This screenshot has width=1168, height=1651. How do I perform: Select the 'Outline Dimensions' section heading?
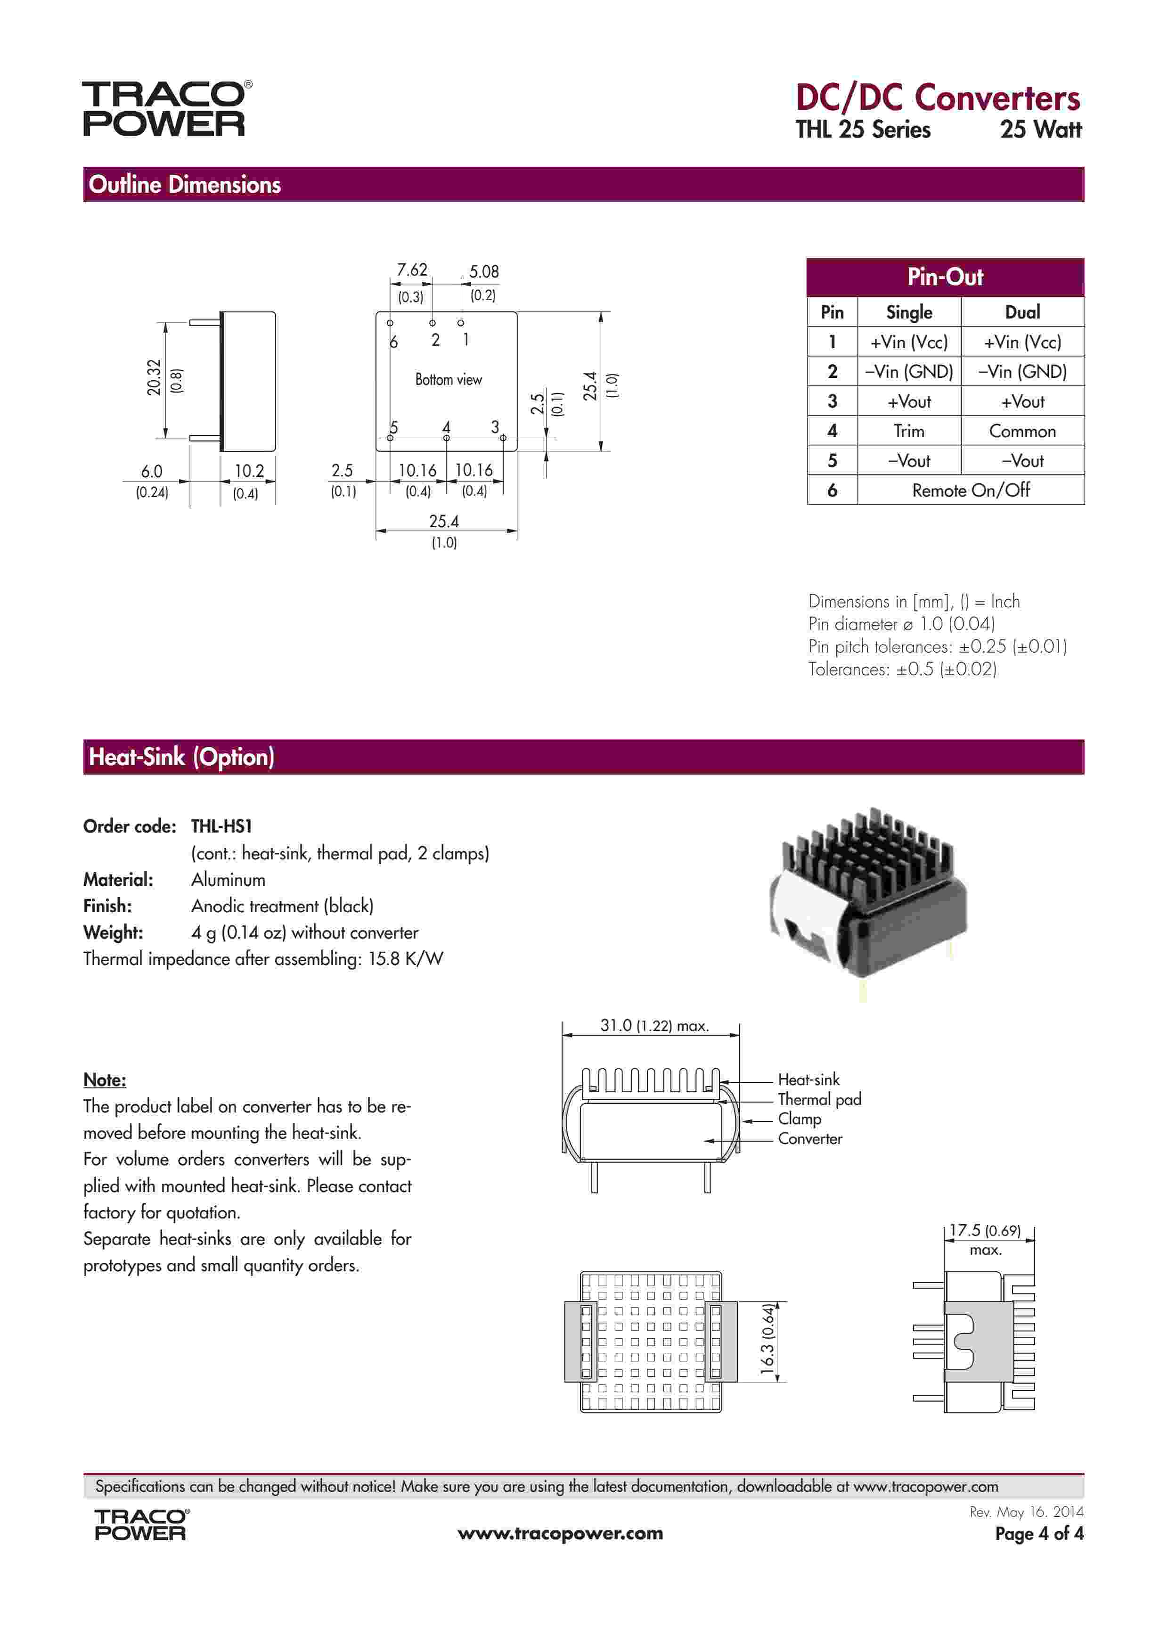coord(185,185)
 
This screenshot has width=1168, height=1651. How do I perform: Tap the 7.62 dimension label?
coord(412,270)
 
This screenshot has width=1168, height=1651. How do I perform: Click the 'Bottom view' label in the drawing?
coord(448,380)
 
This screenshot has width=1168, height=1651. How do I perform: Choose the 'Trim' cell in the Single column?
coord(908,432)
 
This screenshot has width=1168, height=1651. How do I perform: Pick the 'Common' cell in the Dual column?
coord(1022,432)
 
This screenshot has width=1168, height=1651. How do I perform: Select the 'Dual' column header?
coord(1022,312)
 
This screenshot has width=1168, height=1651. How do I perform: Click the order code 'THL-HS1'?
coord(221,826)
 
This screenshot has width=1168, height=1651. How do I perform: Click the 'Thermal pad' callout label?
coord(819,1099)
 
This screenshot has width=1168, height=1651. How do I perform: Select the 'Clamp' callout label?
coord(799,1119)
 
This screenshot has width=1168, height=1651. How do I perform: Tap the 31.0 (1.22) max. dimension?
coord(654,1025)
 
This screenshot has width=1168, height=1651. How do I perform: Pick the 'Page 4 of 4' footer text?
coord(1038,1534)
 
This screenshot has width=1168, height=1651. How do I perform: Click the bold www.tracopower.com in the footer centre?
coord(560,1534)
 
